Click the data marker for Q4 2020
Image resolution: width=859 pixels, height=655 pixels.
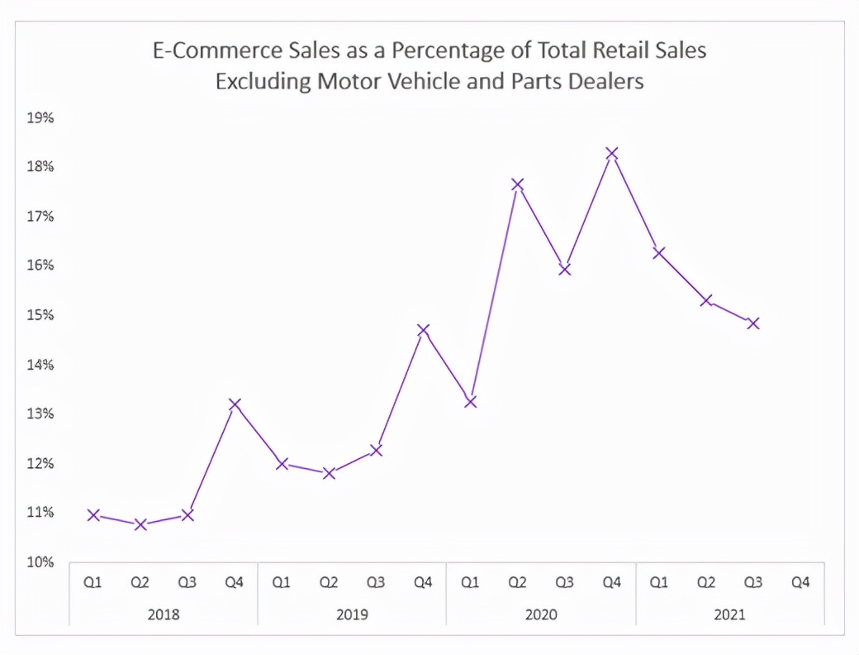pos(612,154)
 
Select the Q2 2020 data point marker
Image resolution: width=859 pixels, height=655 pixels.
pos(518,184)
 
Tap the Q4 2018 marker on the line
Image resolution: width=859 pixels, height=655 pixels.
pos(235,404)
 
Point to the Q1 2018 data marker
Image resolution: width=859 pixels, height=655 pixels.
pos(93,515)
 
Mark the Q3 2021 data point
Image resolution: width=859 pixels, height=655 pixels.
pos(753,323)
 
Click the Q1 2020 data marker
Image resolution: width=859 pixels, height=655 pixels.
pos(470,402)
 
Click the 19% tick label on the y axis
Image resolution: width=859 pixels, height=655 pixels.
pos(40,117)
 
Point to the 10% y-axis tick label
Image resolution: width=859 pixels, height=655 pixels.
pos(40,562)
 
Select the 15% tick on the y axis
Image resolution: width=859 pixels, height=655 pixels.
pos(40,315)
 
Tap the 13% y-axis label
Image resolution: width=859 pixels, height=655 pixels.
pos(40,414)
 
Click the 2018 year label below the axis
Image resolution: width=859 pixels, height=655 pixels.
pos(164,614)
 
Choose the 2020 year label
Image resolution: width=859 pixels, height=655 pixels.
pos(541,614)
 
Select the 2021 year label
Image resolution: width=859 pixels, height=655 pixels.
pos(729,614)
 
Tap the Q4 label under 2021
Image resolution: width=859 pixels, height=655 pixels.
pos(800,583)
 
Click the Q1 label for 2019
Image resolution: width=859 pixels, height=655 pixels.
pos(282,583)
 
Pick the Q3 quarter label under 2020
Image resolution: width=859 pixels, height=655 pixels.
pos(565,583)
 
